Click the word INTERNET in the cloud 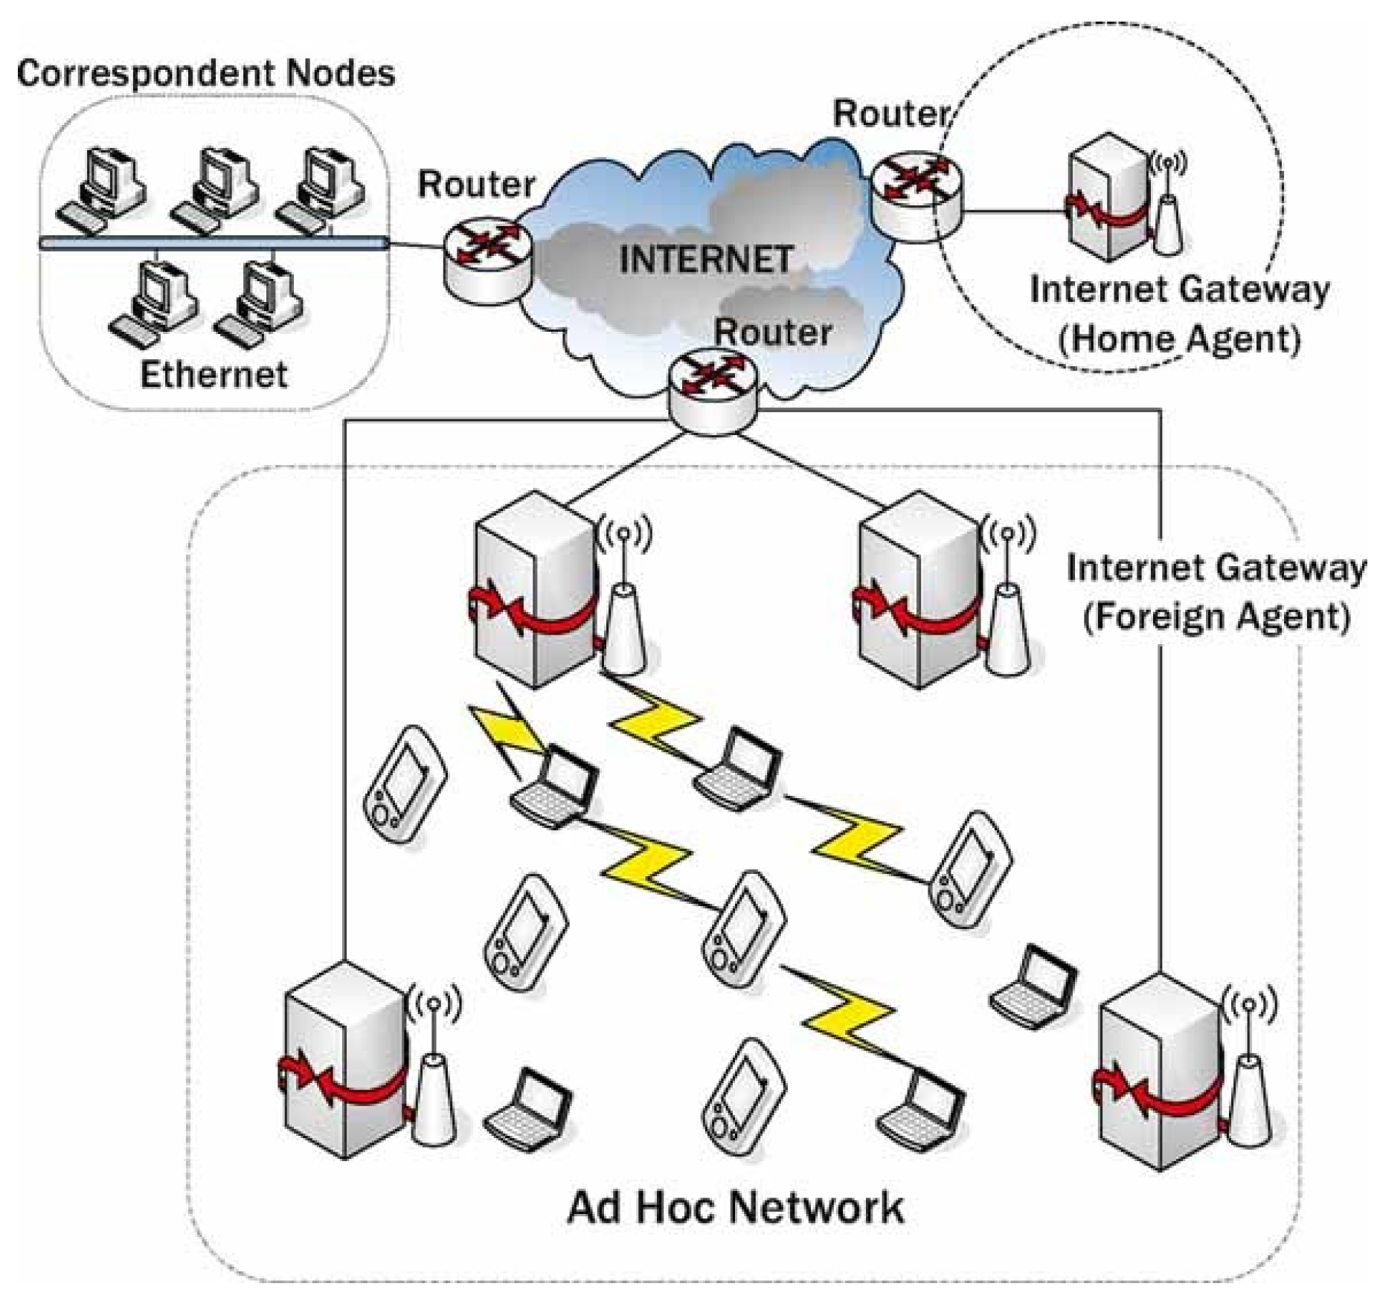click(x=705, y=260)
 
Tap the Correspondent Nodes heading click(x=205, y=74)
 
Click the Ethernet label click(x=214, y=374)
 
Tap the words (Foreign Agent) click(x=1216, y=617)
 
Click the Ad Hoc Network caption click(x=735, y=1207)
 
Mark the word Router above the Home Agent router click(x=890, y=114)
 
